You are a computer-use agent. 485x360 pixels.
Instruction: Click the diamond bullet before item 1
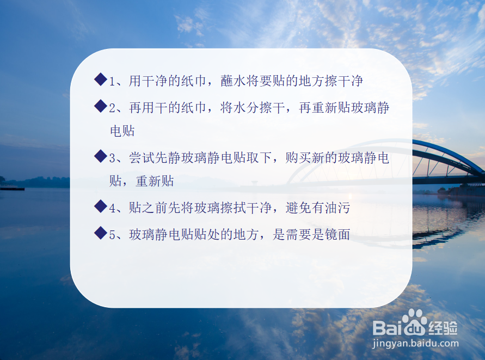click(x=100, y=80)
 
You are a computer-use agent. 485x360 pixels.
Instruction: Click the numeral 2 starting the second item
click(x=112, y=108)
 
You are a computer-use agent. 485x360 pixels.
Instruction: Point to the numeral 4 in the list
click(x=112, y=208)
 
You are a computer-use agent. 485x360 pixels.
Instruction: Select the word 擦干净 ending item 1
click(x=341, y=82)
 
